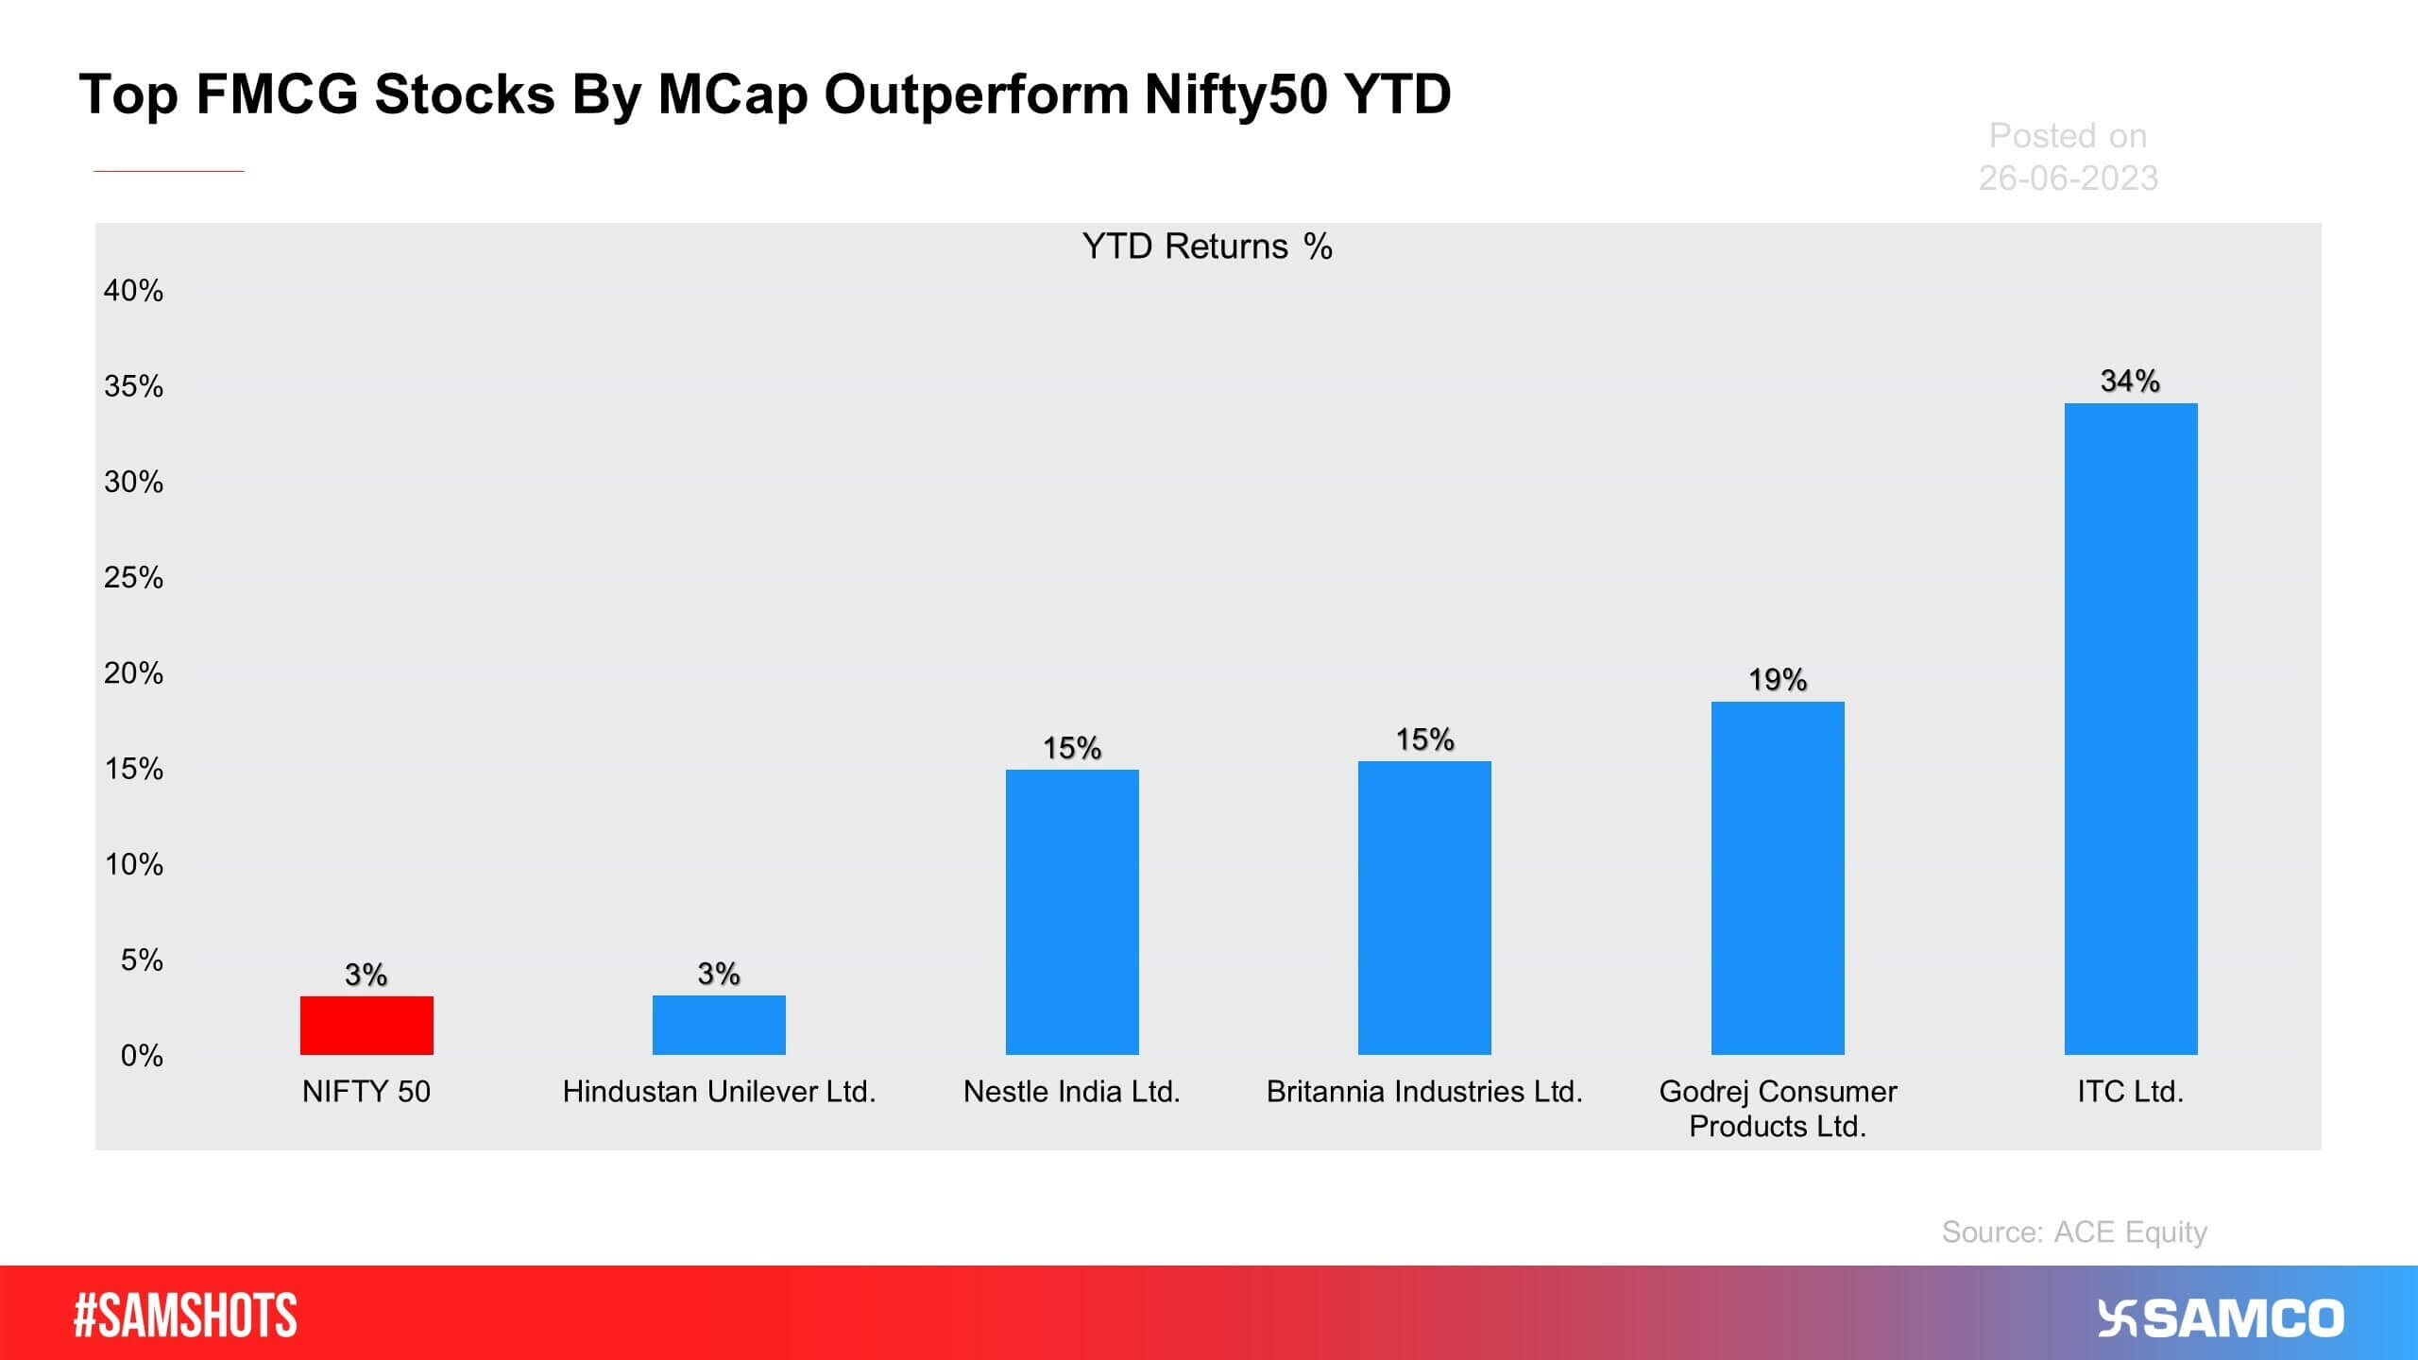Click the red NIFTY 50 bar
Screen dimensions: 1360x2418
click(366, 1025)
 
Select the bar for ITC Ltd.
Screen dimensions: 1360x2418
click(2130, 728)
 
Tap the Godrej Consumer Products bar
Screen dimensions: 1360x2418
click(1778, 877)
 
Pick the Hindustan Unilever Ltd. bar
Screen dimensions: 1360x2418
click(719, 1025)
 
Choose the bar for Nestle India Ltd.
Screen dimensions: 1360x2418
click(1072, 911)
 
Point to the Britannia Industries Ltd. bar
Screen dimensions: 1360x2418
click(1424, 908)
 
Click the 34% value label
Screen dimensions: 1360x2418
click(2130, 381)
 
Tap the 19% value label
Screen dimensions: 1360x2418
click(1778, 679)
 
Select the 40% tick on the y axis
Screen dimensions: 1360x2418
click(133, 290)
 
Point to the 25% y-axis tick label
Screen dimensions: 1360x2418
click(133, 577)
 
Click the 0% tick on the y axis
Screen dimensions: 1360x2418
click(142, 1055)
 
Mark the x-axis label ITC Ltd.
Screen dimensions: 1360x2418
click(2130, 1092)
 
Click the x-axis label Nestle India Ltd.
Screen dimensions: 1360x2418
click(1072, 1092)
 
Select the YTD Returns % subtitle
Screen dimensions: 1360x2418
click(1206, 246)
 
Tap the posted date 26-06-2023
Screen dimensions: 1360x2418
click(2068, 178)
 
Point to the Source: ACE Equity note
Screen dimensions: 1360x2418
click(2074, 1232)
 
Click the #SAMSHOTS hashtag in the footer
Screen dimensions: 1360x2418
click(185, 1316)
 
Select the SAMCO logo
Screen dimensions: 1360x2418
click(2221, 1318)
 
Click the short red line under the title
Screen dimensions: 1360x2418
click(169, 171)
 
